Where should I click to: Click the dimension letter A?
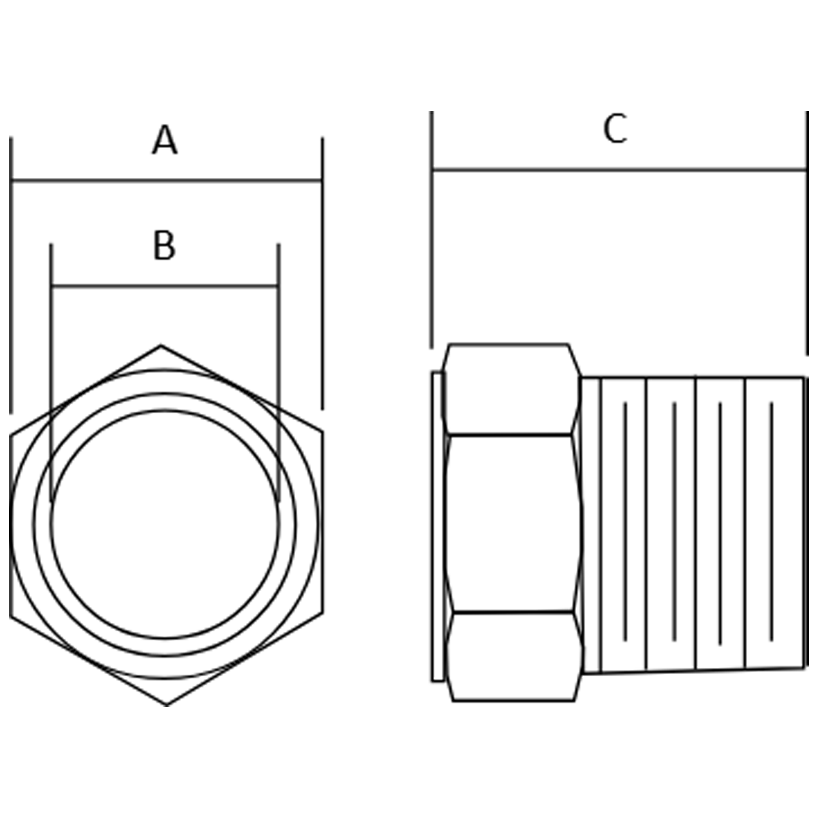tap(165, 140)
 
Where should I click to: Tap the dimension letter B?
tap(164, 245)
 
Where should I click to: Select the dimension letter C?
tap(615, 129)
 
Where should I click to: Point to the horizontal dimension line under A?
tap(166, 181)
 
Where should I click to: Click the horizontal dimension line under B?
tap(165, 286)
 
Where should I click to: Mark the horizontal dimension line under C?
tap(620, 170)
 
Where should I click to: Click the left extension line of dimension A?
tap(11, 275)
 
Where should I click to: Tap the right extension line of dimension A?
tap(322, 273)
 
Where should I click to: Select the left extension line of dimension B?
tap(51, 373)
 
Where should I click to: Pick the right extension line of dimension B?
tap(279, 373)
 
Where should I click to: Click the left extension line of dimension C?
tap(431, 230)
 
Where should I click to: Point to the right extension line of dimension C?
tap(807, 233)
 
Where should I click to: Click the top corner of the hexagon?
tap(160, 346)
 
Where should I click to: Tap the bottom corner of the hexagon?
tap(167, 706)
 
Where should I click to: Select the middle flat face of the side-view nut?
tap(513, 524)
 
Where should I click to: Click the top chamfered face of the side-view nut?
tap(511, 389)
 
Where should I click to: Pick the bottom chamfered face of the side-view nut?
tap(515, 656)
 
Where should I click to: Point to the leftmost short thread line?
tap(625, 521)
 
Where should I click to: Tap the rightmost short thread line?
tap(771, 521)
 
